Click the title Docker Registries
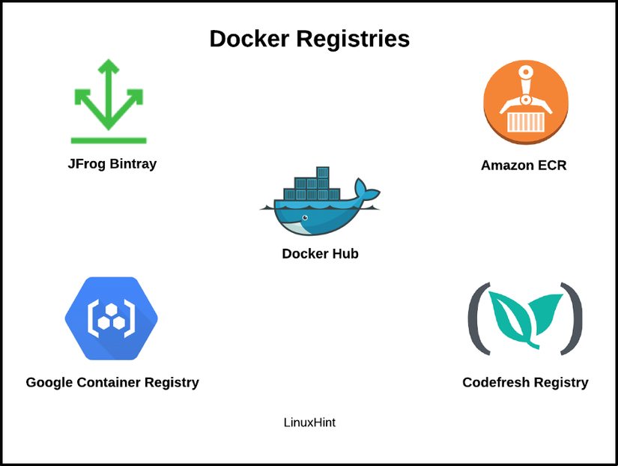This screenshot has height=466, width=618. pos(309,39)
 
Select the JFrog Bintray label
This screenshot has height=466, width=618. pos(112,163)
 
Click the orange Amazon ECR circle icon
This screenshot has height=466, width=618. pos(525,103)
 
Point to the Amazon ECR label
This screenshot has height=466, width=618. pos(524,166)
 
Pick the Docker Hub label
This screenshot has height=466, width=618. pos(320,254)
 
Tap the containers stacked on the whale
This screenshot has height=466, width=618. pos(311,187)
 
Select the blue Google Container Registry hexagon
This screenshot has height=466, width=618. pos(111,318)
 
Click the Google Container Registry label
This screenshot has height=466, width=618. pos(112,383)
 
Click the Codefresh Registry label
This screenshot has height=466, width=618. pos(525,383)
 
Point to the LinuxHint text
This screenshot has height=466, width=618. pos(309,423)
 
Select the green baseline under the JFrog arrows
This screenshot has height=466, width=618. pos(109,140)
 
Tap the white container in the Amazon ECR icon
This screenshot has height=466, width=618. pos(525,122)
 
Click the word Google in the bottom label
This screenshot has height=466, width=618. pos(50,383)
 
